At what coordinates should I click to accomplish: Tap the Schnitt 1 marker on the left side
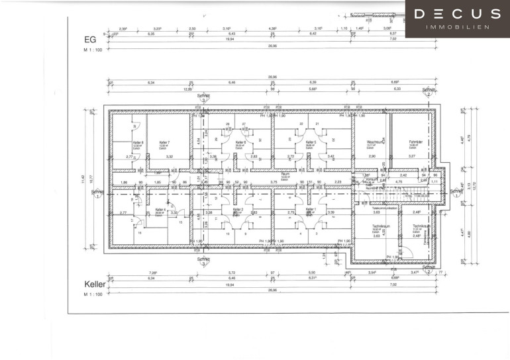(x=97, y=193)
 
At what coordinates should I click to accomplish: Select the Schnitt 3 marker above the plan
(x=203, y=97)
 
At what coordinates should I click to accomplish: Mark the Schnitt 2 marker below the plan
(x=429, y=267)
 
